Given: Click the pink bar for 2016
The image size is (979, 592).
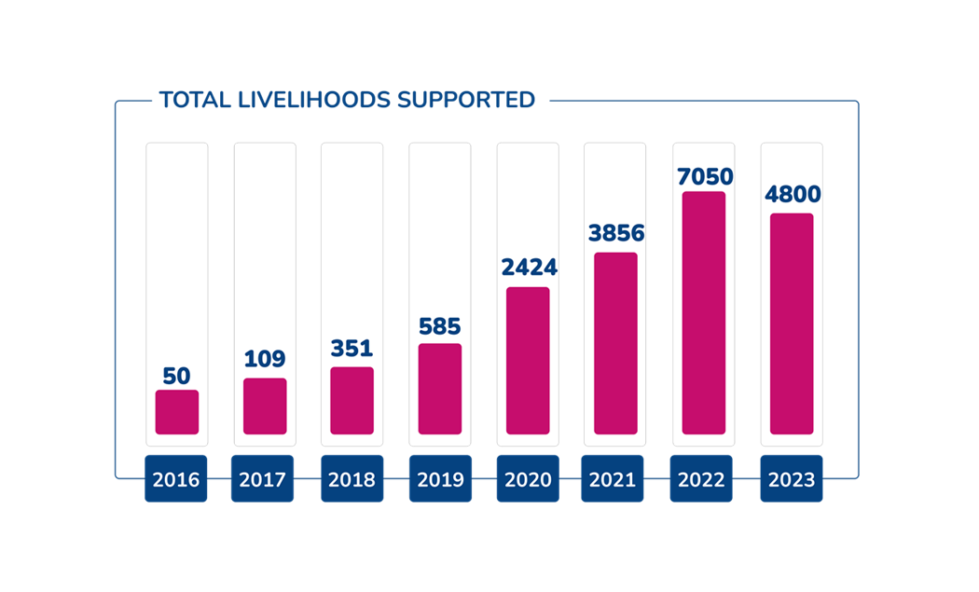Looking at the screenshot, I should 176,411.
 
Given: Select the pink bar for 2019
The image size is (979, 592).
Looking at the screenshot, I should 440,388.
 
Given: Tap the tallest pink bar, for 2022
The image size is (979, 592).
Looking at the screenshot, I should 703,312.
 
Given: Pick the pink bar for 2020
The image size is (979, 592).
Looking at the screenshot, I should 528,360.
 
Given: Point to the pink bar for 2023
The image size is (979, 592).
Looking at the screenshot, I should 791,324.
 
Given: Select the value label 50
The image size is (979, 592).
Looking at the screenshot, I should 176,376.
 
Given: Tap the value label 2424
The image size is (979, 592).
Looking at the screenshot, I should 528,268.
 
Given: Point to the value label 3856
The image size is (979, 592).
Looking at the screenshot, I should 615,233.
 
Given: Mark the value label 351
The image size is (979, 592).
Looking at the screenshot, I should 352,349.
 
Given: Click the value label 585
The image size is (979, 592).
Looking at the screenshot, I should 440,327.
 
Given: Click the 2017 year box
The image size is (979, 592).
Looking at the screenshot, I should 264,479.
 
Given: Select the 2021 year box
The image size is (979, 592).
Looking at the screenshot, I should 615,479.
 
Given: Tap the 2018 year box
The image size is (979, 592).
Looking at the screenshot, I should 352,479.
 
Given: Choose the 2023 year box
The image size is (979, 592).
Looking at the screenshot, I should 791,479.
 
